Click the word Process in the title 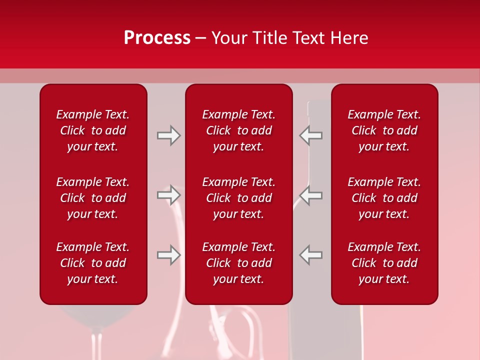(157, 38)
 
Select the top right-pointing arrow (168, 135)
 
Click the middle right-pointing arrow (168, 195)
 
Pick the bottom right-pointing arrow (168, 255)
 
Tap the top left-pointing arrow (311, 135)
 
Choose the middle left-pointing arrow (311, 195)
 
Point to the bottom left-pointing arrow (311, 255)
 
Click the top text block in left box (93, 130)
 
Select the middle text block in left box (93, 198)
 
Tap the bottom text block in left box (93, 263)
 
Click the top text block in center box (238, 130)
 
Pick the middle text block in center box (238, 198)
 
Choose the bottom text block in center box (238, 263)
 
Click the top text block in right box (384, 130)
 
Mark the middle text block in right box (384, 198)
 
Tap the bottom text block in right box (384, 263)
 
